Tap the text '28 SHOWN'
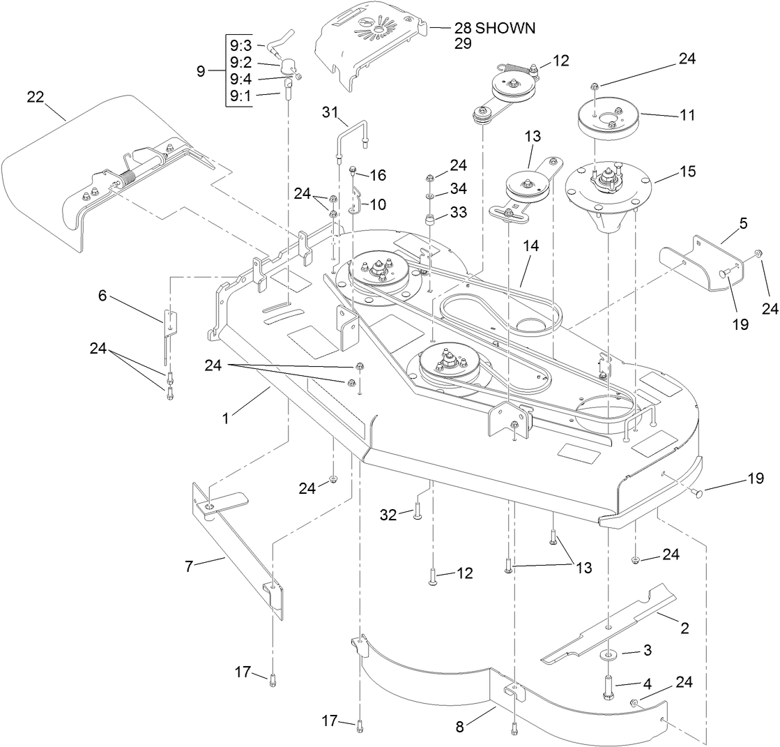[x=494, y=28]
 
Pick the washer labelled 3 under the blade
[x=611, y=654]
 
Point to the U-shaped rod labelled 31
[x=349, y=136]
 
